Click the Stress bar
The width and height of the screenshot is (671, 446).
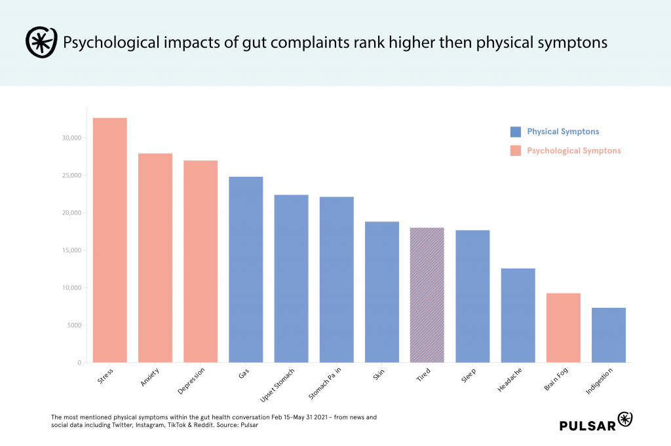109,240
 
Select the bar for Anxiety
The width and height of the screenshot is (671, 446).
155,257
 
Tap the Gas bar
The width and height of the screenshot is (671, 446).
246,269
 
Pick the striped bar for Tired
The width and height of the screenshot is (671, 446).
427,295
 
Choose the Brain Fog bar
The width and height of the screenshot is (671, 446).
563,327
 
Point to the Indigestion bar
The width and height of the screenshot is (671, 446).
608,335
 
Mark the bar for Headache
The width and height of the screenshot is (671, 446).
518,315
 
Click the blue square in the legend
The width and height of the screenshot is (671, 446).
515,132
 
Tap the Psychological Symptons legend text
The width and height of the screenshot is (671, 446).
573,151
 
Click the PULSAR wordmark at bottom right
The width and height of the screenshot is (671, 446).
588,426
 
